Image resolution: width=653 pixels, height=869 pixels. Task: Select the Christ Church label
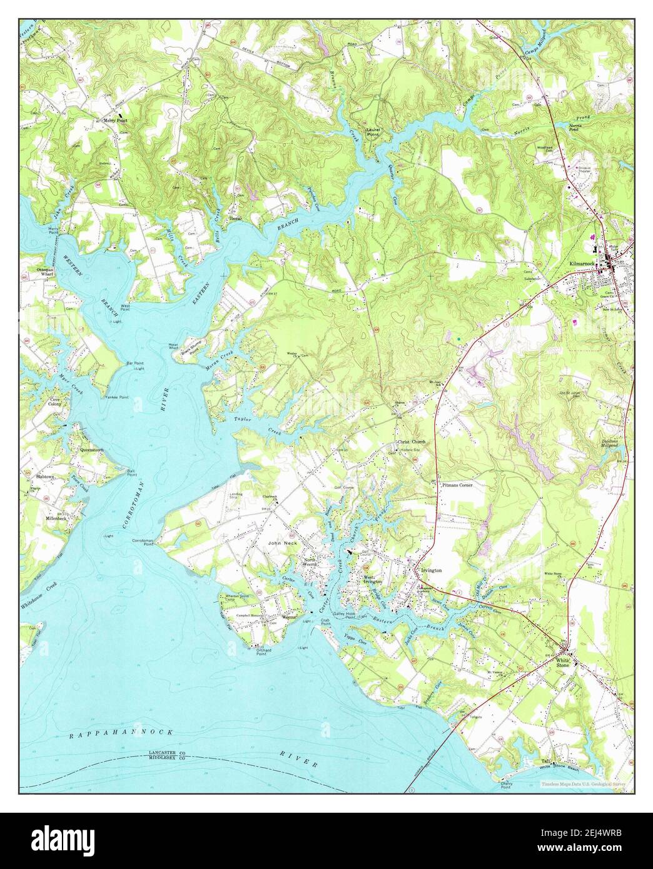[411, 442]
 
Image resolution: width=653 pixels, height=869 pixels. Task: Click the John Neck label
[280, 543]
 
